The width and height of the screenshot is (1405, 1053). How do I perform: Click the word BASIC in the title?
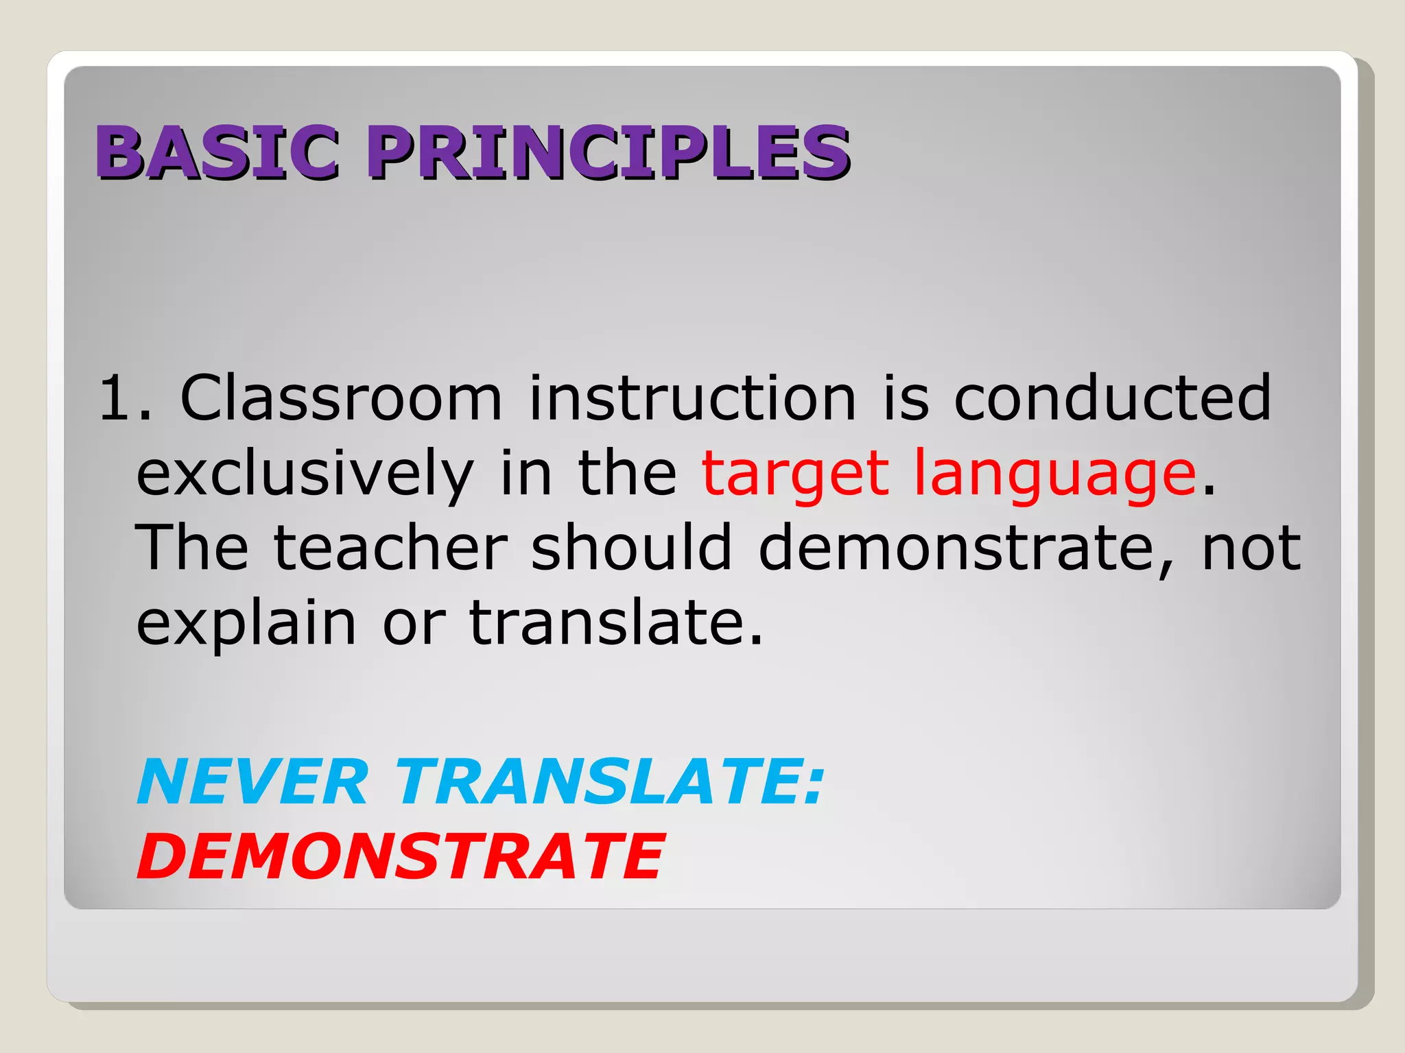pos(217,152)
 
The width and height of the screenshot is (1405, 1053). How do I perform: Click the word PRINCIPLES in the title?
pos(609,152)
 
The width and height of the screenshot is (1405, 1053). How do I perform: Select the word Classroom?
pos(341,398)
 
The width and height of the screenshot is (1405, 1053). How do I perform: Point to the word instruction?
pos(692,398)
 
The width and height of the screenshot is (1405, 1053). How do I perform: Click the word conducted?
pos(1112,398)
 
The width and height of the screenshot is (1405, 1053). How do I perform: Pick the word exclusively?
pos(305,474)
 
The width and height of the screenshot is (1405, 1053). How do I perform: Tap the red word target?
pos(795,474)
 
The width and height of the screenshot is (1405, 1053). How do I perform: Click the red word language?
pos(1055,474)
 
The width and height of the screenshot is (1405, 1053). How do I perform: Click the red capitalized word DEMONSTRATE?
pos(401,856)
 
